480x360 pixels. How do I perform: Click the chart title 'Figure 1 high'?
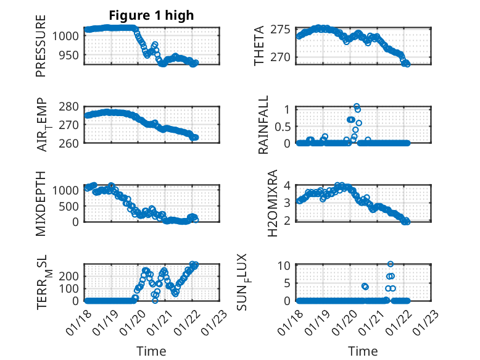(151, 15)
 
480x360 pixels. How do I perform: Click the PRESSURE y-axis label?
(41, 50)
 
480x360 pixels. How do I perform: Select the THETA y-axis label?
(259, 46)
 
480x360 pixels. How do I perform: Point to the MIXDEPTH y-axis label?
(41, 203)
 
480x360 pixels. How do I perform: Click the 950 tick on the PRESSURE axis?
(71, 55)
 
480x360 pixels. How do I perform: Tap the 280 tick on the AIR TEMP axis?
(71, 107)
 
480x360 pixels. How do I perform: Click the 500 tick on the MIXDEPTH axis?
(71, 206)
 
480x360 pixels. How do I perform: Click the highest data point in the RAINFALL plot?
(357, 107)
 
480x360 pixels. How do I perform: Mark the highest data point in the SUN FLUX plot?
(391, 264)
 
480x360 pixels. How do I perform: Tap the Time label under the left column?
(151, 351)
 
